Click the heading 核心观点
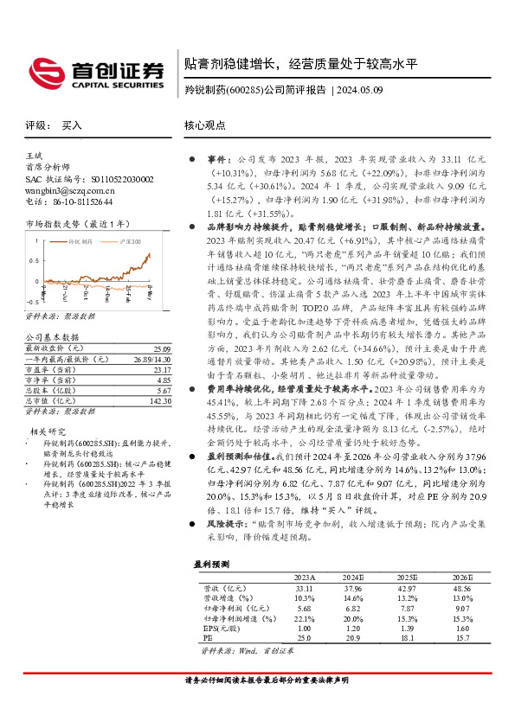tap(204, 125)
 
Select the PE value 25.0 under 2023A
tap(304, 638)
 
